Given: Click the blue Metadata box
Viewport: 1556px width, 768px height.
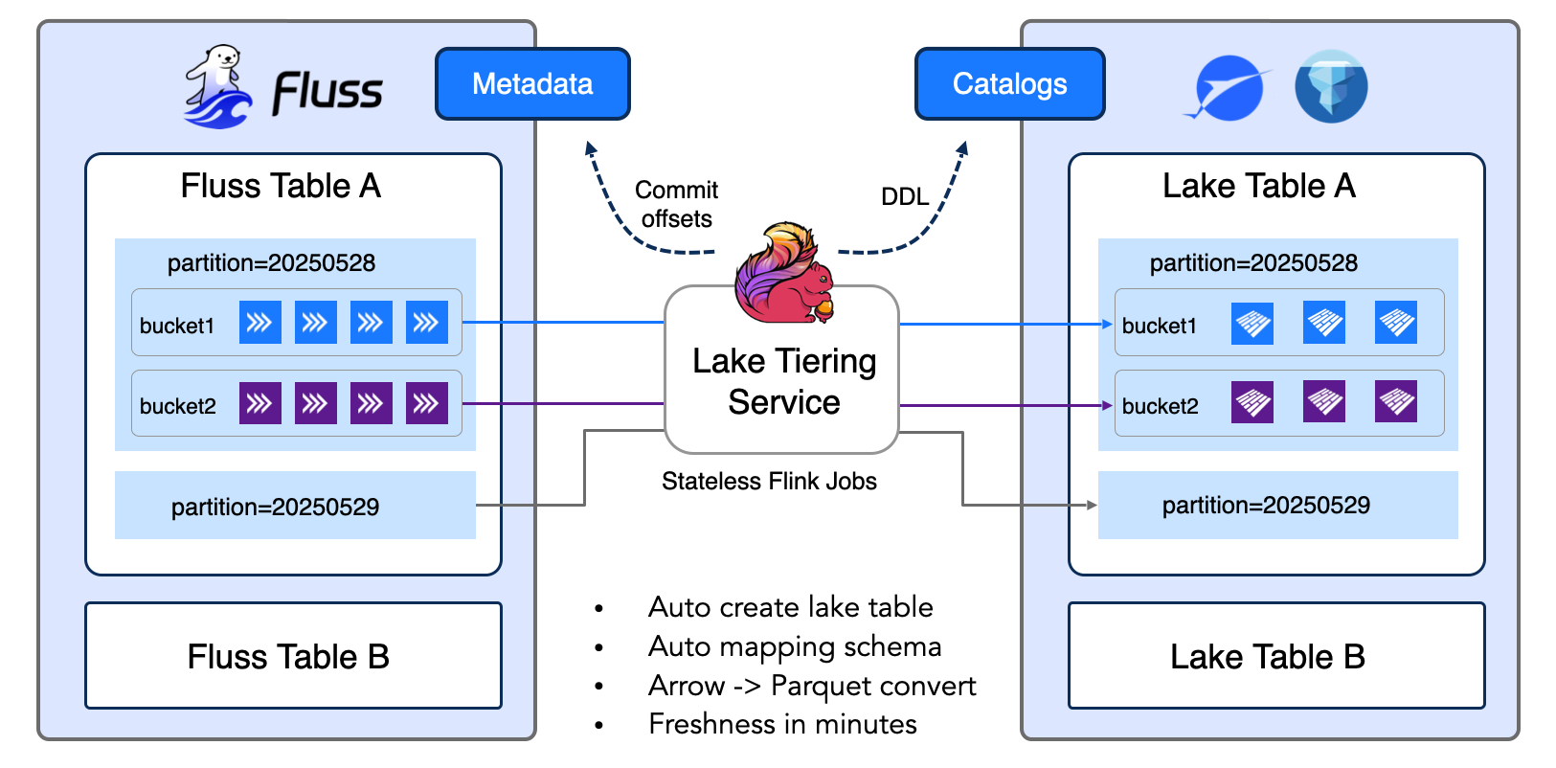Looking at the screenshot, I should [x=532, y=84].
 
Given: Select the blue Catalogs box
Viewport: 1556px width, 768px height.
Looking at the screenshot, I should [x=1009, y=84].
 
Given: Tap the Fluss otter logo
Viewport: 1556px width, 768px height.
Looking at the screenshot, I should [x=218, y=87].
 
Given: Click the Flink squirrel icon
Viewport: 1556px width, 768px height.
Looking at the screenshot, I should [x=783, y=274].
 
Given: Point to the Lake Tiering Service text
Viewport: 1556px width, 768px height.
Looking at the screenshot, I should [x=783, y=381].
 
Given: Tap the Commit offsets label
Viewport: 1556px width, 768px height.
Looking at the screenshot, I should [x=676, y=204].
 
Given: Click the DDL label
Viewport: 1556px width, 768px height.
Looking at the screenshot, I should [x=905, y=196].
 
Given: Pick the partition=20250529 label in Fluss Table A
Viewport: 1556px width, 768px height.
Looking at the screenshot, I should [x=275, y=507].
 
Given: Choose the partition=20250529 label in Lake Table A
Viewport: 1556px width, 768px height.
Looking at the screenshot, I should [x=1266, y=505].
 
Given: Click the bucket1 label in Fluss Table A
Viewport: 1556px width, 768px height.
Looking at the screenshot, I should [x=177, y=326].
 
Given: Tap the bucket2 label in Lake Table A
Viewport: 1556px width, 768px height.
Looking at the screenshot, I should [x=1160, y=406].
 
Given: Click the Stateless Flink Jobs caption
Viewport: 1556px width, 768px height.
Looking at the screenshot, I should [x=769, y=481].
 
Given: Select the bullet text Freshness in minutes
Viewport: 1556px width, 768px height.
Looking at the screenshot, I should [x=782, y=724].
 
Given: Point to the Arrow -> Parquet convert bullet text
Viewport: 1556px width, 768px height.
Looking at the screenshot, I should [x=812, y=686].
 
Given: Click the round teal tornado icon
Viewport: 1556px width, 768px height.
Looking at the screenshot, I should [x=1331, y=87].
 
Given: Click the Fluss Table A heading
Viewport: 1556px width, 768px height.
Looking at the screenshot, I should [x=281, y=186].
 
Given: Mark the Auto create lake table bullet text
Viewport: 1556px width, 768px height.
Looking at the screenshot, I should [x=790, y=607].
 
